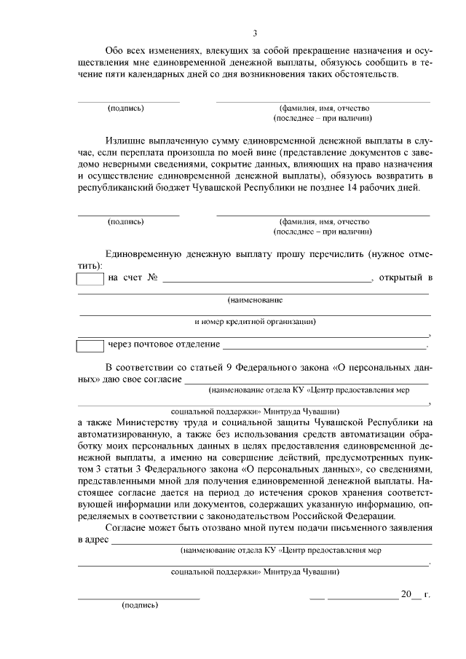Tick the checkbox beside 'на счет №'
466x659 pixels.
pyautogui.click(x=90, y=278)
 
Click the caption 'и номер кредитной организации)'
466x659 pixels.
pyautogui.click(x=254, y=321)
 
